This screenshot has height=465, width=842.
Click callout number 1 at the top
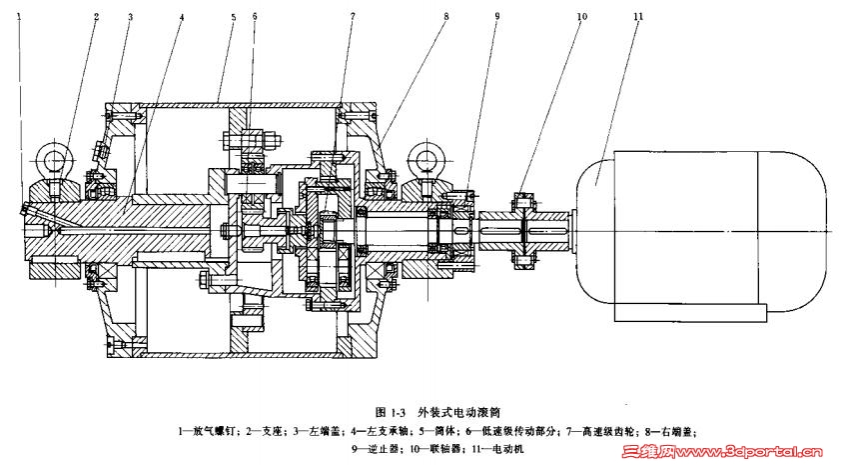19,16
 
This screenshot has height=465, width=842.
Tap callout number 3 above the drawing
129,17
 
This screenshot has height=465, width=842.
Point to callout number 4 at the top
181,17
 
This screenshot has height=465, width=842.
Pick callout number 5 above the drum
233,17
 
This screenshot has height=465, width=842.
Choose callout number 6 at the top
254,17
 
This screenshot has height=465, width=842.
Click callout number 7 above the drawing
352,17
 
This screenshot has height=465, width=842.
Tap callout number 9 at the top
496,17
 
